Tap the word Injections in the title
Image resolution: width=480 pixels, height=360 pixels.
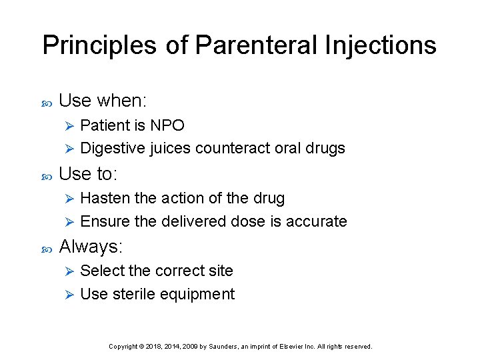pos(381,45)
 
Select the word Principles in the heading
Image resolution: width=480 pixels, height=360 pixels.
pos(99,45)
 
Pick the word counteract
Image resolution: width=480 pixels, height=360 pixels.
pos(233,148)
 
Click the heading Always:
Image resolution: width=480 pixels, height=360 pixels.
pos(91,247)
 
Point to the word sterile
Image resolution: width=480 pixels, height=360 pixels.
pos(136,294)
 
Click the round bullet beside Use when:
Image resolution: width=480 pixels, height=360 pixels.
pos(47,102)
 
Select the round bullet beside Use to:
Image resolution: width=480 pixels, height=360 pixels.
pos(47,175)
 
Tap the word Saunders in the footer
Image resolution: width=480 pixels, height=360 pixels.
pos(225,347)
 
